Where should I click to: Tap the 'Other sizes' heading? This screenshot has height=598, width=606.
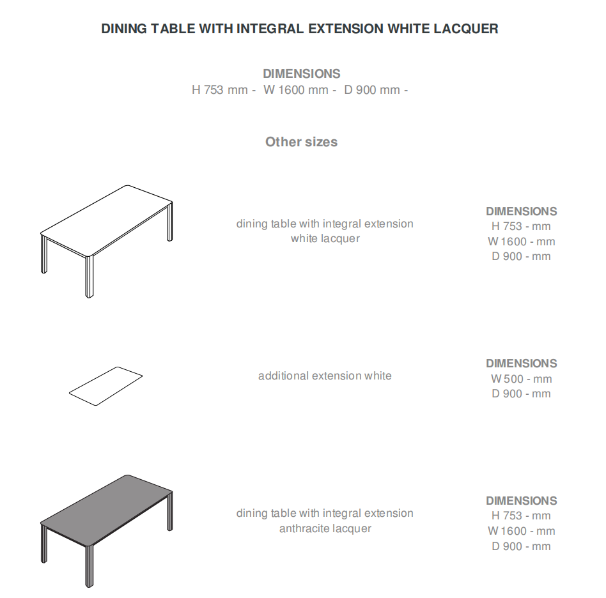302,142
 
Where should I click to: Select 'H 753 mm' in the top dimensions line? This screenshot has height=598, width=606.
219,90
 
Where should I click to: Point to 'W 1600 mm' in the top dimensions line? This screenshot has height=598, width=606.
296,90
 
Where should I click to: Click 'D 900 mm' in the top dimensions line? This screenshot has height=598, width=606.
372,90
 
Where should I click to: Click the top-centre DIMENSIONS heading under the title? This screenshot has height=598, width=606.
302,73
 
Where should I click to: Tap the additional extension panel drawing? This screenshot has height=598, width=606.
106,387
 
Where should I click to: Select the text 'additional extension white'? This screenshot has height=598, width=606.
325,376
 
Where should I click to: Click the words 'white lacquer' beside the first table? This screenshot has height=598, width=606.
325,238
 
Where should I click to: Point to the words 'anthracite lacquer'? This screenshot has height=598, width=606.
325,528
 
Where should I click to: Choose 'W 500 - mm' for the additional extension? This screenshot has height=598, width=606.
522,379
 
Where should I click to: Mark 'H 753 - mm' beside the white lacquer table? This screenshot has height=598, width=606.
521,226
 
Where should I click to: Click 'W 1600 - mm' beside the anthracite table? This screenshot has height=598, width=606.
522,531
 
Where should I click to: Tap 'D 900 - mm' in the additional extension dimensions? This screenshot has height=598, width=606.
521,394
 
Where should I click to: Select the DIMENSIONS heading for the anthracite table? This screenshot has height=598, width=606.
522,501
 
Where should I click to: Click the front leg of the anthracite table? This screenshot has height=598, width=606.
89,566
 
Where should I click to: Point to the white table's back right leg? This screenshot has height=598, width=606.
169,222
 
